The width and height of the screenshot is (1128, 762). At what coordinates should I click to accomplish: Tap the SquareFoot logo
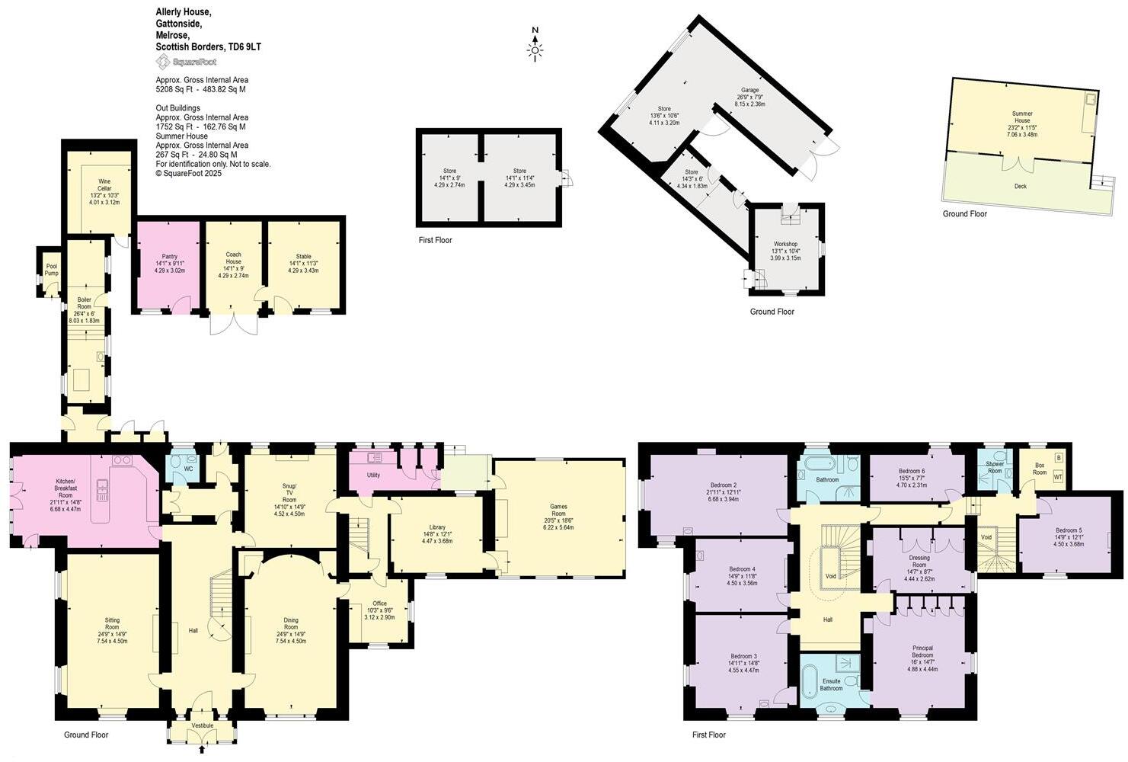tap(187, 62)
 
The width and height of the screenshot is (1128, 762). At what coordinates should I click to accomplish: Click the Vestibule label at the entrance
tap(203, 725)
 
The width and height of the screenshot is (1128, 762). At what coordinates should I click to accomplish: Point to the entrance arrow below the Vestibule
tap(202, 751)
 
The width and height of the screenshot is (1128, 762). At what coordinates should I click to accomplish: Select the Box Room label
tap(1040, 469)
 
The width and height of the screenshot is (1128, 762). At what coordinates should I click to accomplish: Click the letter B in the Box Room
tap(1058, 458)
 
